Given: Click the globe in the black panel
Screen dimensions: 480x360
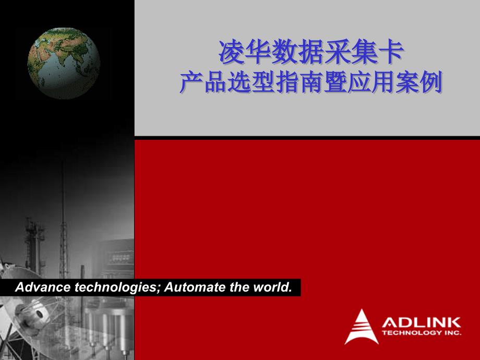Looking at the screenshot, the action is point(64,63).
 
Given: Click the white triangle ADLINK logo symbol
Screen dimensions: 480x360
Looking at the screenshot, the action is point(362,327).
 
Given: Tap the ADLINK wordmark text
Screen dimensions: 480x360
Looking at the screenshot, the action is point(421,322).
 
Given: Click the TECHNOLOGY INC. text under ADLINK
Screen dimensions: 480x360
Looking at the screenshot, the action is point(422,332).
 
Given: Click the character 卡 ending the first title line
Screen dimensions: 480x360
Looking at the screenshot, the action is point(391,52).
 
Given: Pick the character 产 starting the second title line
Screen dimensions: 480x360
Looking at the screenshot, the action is point(191,82).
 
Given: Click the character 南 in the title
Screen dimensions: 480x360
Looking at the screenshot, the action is point(311,82).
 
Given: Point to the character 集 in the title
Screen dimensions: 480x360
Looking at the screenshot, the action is point(364,52).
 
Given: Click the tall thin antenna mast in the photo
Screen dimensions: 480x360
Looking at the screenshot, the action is point(63,220).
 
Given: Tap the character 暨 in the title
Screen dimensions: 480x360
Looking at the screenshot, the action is point(335,82).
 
